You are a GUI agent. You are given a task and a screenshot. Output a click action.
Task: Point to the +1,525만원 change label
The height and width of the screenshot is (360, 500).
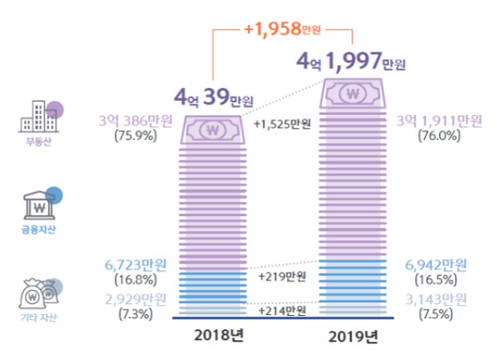(x=282, y=125)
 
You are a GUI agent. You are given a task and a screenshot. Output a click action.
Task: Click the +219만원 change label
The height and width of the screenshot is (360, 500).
(x=282, y=274)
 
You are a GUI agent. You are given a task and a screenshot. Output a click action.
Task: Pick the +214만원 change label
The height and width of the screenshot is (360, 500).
(x=282, y=310)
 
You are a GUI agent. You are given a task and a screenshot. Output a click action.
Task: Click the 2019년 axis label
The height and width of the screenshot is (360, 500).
(x=353, y=337)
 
